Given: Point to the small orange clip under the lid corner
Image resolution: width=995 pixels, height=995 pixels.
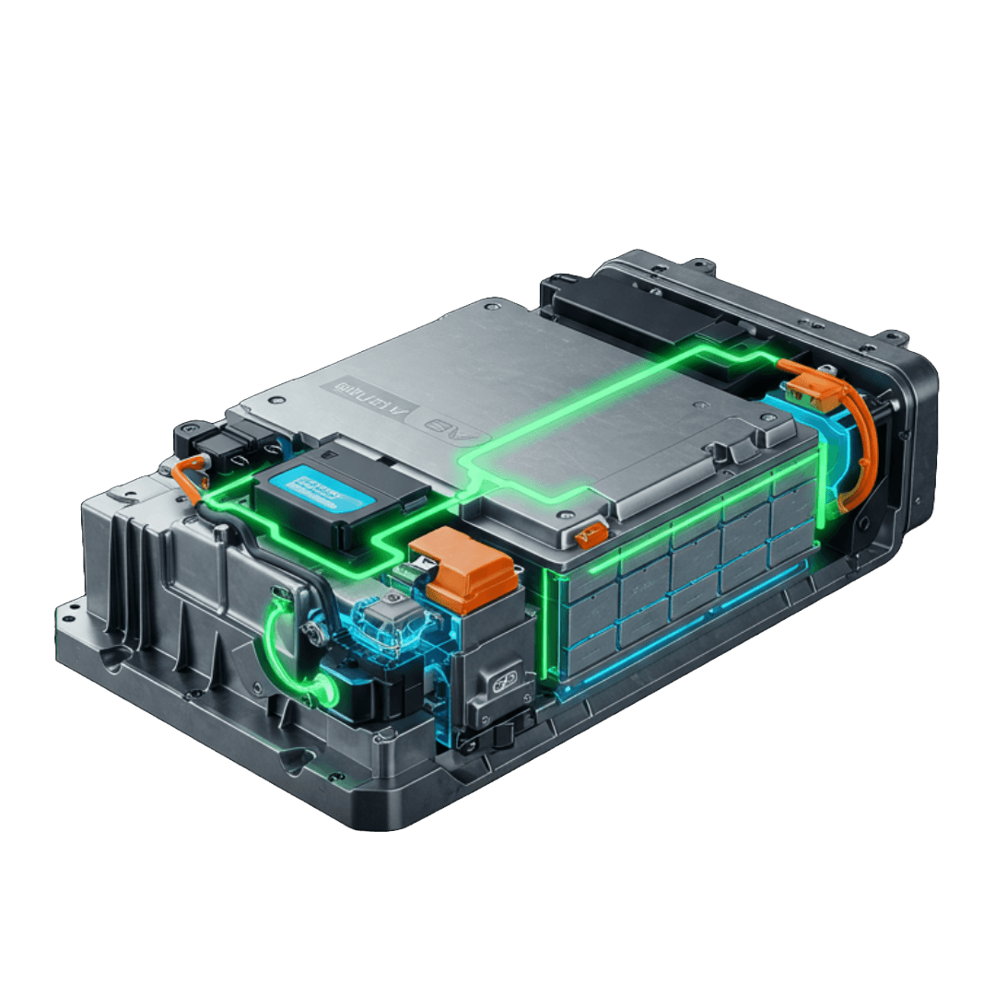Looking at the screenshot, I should pyautogui.click(x=590, y=532).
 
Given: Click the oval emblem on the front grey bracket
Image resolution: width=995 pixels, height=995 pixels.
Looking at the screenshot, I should pyautogui.click(x=504, y=681).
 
